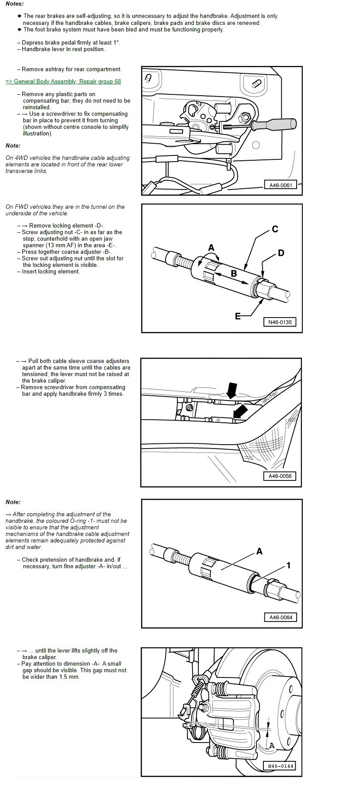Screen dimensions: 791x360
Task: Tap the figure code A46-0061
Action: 280,185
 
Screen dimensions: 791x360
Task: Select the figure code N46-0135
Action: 280,322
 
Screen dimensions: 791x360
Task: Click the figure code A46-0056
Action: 280,476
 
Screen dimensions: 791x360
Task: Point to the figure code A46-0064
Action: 280,617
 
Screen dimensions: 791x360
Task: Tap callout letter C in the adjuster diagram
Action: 275,229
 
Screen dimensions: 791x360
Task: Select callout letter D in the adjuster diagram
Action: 281,253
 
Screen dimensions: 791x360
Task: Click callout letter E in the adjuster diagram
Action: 238,316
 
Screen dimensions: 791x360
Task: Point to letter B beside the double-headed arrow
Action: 234,273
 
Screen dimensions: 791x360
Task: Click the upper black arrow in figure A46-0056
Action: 231,389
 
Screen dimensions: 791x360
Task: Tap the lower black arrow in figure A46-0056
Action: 240,411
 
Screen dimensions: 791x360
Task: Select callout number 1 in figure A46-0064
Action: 288,565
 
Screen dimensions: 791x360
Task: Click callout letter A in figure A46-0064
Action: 259,551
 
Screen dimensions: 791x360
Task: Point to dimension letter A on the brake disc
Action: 272,745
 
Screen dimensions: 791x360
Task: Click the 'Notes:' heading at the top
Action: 15,3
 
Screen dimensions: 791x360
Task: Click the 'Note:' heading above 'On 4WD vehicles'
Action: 13,146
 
